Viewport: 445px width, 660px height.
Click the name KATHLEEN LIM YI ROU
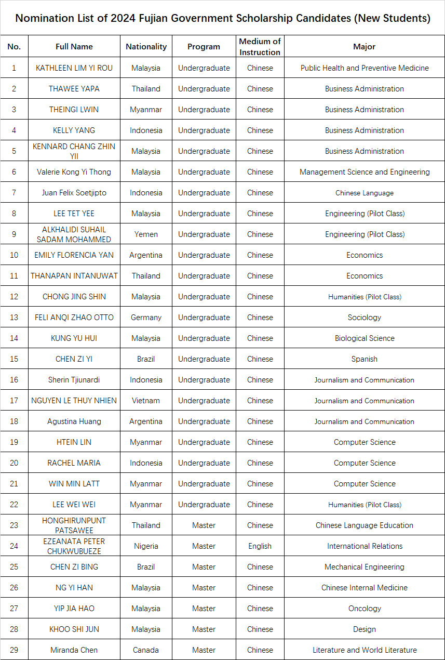tap(74, 68)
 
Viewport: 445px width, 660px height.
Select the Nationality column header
tap(146, 47)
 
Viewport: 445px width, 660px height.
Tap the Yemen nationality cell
tap(146, 234)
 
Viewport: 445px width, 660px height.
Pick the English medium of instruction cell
tap(260, 546)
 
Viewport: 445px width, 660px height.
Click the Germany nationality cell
tap(146, 318)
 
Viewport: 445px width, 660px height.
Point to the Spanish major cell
tap(364, 359)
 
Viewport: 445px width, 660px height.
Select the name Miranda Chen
tap(74, 650)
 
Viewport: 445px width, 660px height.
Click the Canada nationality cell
tap(146, 650)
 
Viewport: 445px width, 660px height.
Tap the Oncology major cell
tap(364, 609)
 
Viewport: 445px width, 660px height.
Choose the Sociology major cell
tap(364, 318)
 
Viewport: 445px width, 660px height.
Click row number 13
tap(14, 318)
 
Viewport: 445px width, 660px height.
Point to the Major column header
tap(364, 47)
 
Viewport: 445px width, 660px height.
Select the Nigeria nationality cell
tap(146, 546)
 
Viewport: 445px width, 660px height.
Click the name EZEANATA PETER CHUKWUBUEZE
tap(74, 546)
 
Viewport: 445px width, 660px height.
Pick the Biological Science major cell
tap(364, 338)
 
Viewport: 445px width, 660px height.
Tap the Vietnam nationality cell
tap(146, 401)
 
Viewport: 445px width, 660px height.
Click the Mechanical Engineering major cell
tap(364, 567)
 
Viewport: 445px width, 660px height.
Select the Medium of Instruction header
tap(260, 47)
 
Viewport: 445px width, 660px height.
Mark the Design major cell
tap(364, 629)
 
